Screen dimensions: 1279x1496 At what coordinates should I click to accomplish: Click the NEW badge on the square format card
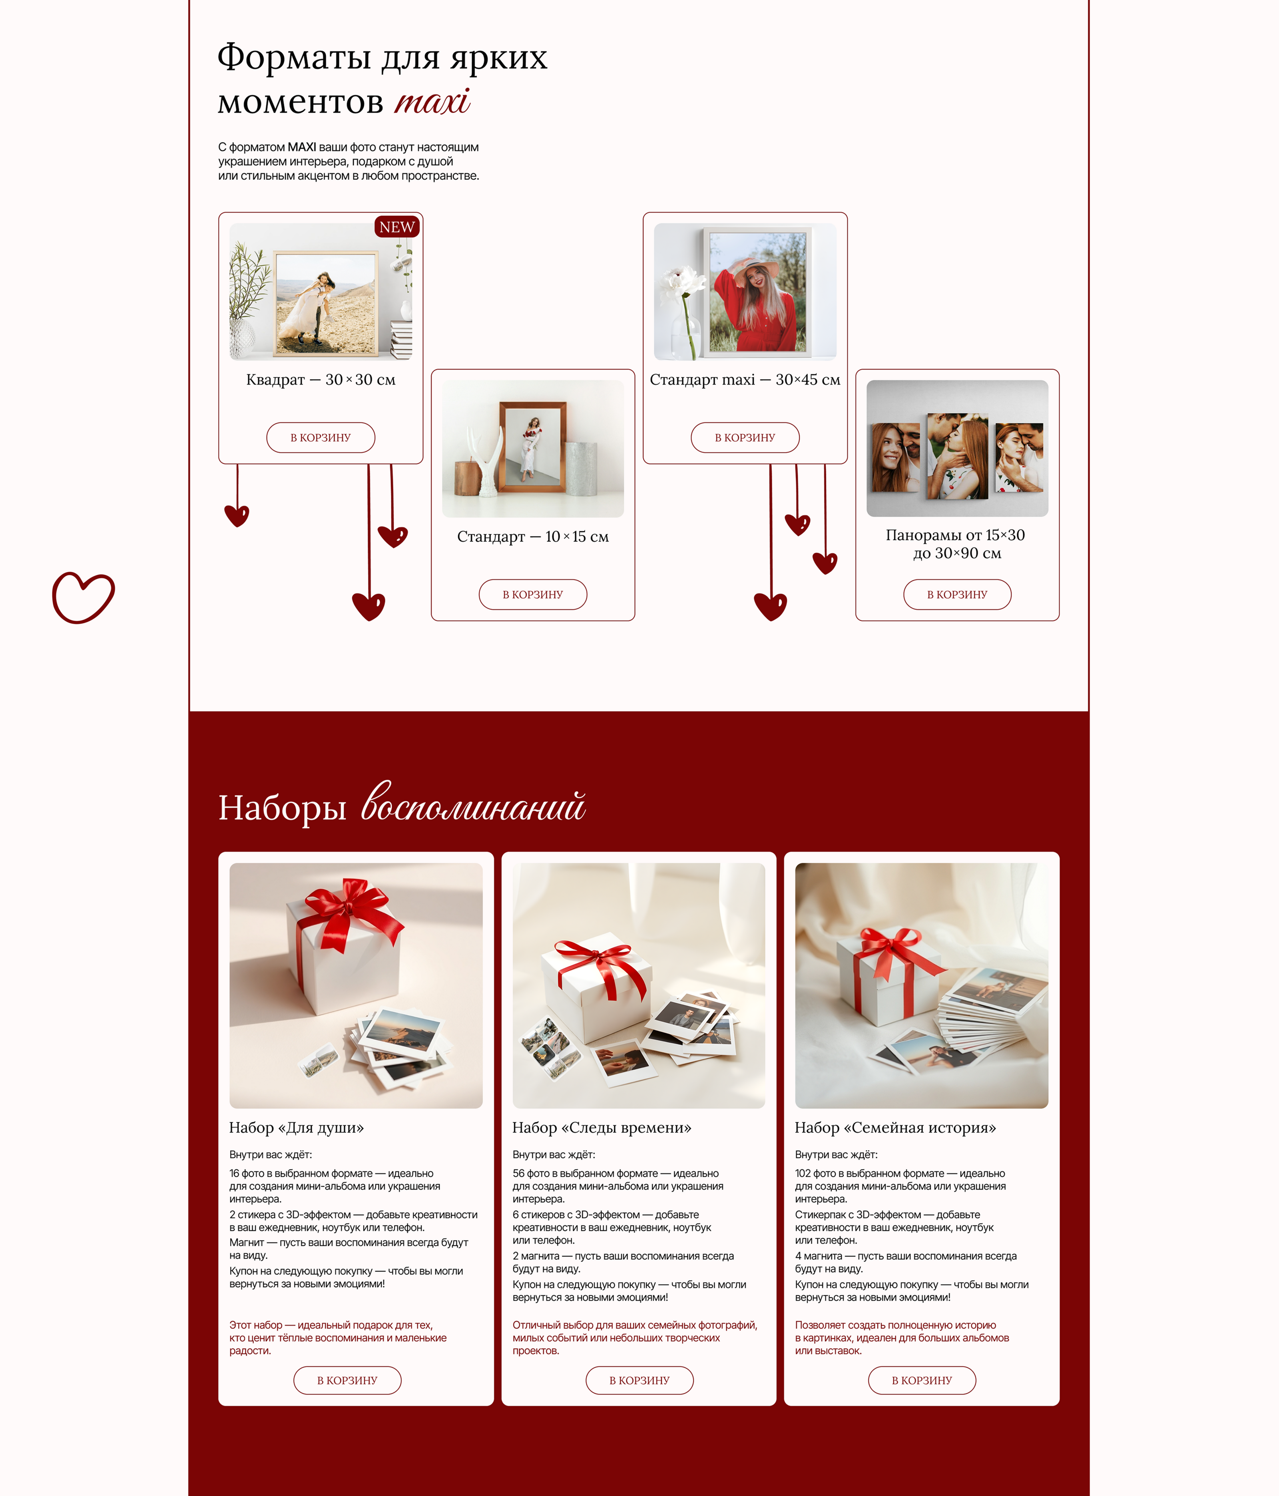396,227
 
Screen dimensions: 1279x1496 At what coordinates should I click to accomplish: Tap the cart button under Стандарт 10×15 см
533,594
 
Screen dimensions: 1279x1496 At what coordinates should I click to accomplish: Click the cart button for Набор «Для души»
347,1380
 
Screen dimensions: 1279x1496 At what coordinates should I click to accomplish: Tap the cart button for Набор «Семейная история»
922,1380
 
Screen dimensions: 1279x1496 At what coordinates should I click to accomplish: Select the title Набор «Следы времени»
602,1127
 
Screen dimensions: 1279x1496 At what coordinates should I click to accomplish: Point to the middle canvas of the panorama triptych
958,456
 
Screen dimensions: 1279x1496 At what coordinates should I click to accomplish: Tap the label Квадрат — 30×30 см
321,380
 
